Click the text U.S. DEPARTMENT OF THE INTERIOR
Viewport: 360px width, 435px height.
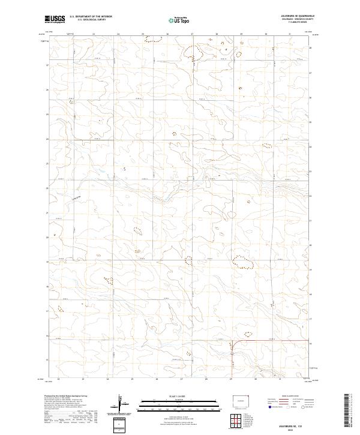pyautogui.click(x=91, y=17)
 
